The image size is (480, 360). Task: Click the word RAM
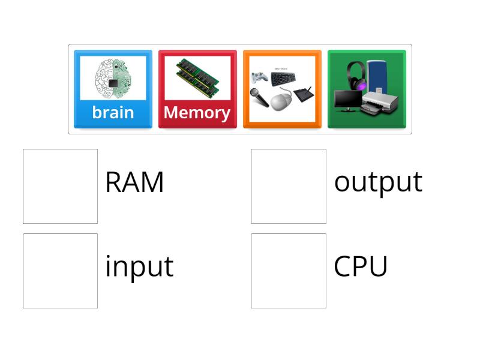pos(134,182)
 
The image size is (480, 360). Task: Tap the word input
pos(139,267)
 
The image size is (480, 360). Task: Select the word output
pos(378,182)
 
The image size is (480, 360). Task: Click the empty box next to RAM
pos(60,186)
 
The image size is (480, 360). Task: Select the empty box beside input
pos(60,271)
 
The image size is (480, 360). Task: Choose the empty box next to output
pos(289,186)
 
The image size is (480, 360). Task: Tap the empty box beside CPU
pos(289,271)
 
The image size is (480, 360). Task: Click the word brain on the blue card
pos(113,113)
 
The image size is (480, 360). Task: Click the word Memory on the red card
pos(197,113)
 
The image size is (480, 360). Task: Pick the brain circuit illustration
pos(113,79)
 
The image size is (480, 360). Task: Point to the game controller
pos(259,78)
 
